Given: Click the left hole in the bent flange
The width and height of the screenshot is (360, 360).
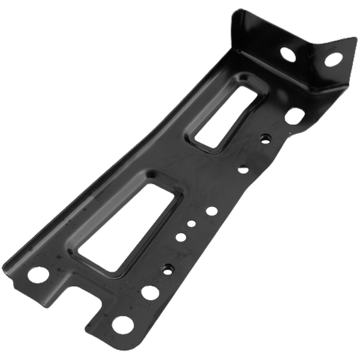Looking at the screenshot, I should point(290,53).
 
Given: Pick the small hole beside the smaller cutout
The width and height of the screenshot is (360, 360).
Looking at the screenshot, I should point(263,139).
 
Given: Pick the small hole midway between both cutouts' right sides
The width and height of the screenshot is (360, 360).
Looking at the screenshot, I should point(243,170).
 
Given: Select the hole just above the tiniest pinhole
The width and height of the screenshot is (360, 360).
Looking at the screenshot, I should point(211,211).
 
